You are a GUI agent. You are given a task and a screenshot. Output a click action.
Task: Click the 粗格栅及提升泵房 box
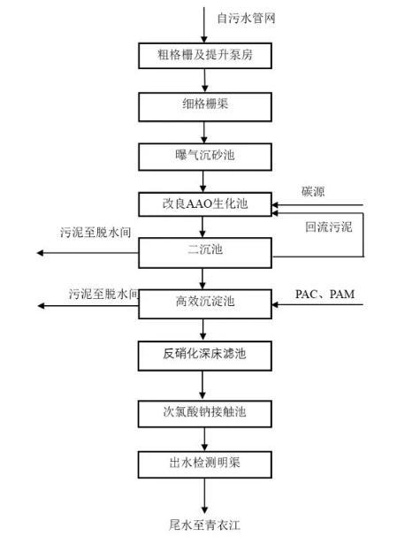204,57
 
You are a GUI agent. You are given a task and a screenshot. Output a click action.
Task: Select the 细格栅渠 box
204,105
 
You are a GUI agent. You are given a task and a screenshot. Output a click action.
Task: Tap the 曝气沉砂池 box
204,156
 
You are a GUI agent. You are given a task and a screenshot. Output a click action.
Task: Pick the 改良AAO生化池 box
204,204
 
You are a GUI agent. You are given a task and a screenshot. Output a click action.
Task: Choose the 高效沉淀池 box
204,303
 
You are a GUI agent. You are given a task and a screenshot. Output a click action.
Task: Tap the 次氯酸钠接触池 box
204,410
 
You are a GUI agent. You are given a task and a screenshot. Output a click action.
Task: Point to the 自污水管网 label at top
240,17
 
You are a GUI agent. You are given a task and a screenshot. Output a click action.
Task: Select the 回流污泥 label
328,226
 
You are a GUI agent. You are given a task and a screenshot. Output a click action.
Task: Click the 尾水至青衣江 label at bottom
204,525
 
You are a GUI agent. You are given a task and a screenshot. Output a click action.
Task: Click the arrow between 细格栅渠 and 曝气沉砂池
204,131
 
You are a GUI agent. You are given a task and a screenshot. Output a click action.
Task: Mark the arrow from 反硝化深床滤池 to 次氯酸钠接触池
204,384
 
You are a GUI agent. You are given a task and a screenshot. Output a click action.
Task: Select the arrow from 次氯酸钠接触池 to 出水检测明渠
204,436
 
